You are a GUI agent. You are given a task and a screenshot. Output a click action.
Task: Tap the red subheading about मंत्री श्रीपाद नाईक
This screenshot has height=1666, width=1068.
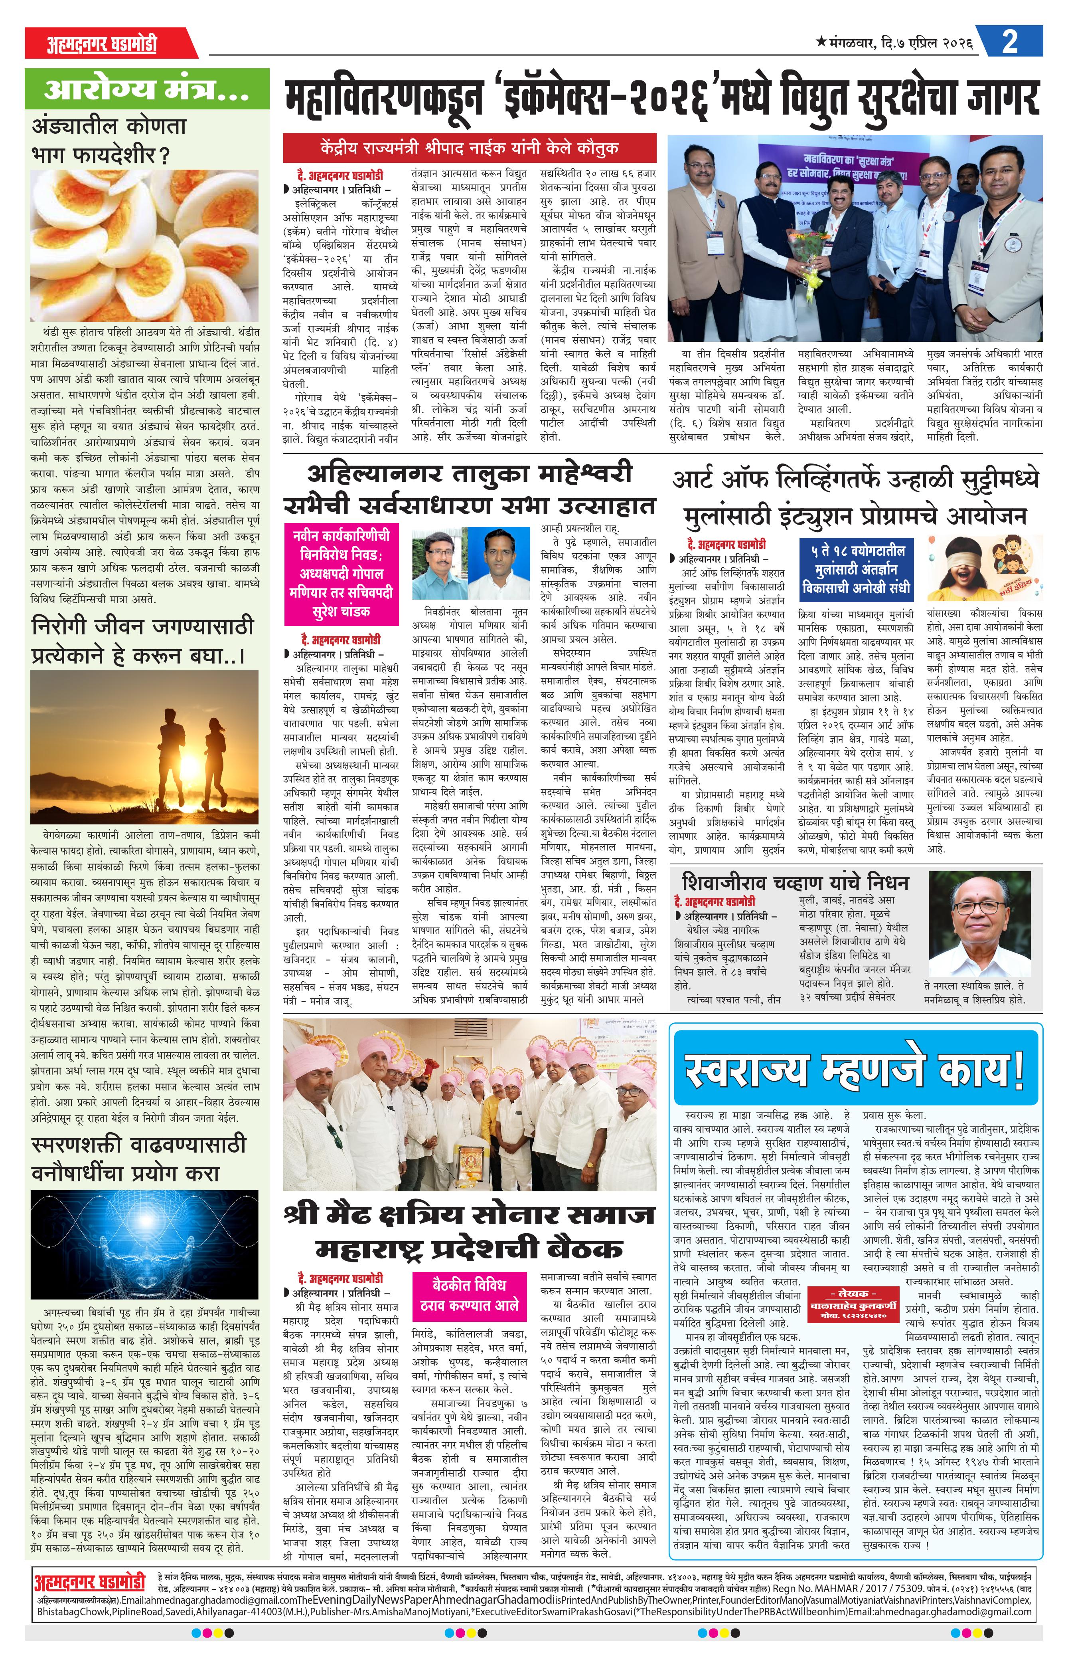[x=470, y=148]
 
